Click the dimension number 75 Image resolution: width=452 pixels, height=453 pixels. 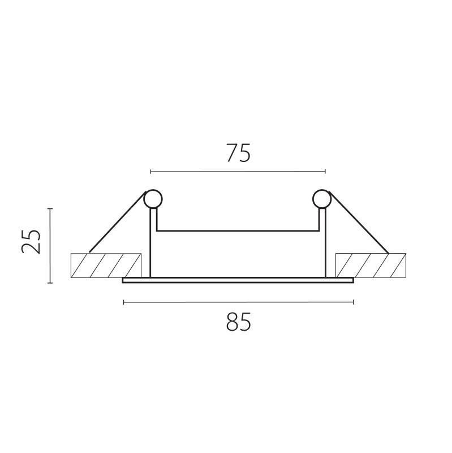238,152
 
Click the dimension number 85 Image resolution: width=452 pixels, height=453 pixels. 238,322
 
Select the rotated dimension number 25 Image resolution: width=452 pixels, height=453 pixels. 31,242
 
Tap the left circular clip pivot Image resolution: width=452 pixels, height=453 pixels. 153,199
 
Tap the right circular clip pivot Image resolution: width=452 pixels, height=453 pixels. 321,199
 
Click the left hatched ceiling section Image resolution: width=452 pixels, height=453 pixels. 106,266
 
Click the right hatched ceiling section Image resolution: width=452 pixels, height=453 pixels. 371,266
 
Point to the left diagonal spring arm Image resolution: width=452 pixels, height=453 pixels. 118,221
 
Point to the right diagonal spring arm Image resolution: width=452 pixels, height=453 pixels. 359,223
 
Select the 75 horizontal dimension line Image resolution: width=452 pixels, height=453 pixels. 238,172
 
